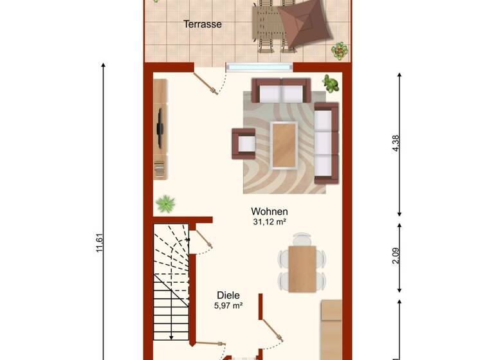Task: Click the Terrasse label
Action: click(x=203, y=24)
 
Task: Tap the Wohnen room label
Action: click(x=270, y=212)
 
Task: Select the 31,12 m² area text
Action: click(x=270, y=222)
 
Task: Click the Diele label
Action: click(x=228, y=295)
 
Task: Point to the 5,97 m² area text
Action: click(x=228, y=306)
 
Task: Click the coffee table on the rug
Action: click(x=284, y=144)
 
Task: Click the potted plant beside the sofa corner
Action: click(x=331, y=84)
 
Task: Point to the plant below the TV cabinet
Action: click(x=165, y=204)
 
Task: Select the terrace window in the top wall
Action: click(x=259, y=66)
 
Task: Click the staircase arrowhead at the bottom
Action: click(x=171, y=336)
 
